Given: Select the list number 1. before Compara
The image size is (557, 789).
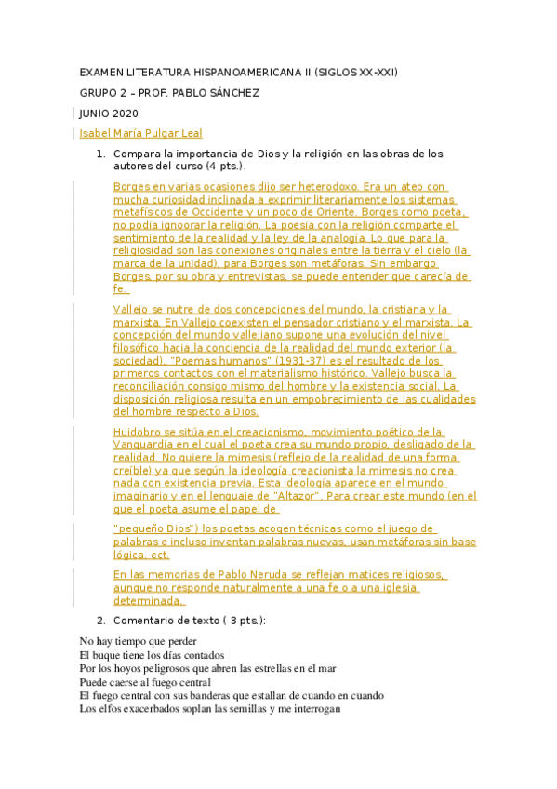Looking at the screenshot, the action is [102, 153].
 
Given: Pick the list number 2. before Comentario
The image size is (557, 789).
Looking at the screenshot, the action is [102, 620].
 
